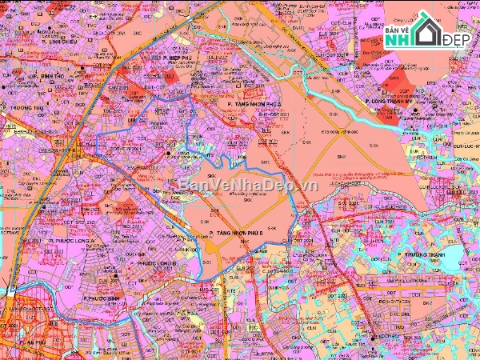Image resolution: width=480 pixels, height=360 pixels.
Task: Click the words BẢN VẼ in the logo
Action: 398,26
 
